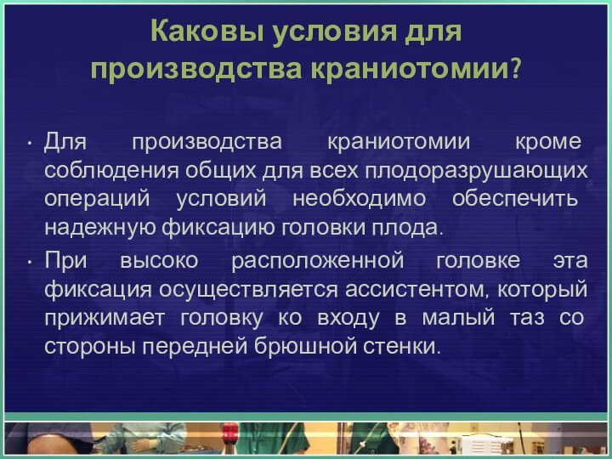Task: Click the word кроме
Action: click(551, 139)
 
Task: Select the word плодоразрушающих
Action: click(476, 168)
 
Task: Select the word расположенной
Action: click(328, 258)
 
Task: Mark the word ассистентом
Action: click(412, 288)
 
